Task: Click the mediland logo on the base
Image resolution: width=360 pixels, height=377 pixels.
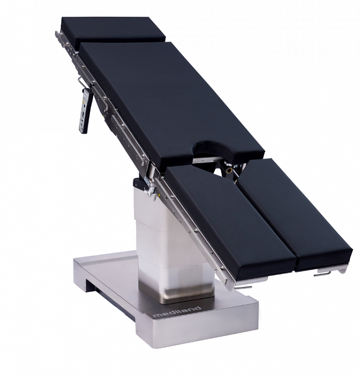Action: (177, 312)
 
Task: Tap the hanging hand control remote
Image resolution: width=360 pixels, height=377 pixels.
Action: (86, 111)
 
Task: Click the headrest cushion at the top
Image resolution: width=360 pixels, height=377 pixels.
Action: (113, 31)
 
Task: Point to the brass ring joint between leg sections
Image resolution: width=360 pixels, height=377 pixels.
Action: (229, 170)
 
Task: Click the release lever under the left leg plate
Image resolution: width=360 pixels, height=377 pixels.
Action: (243, 287)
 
